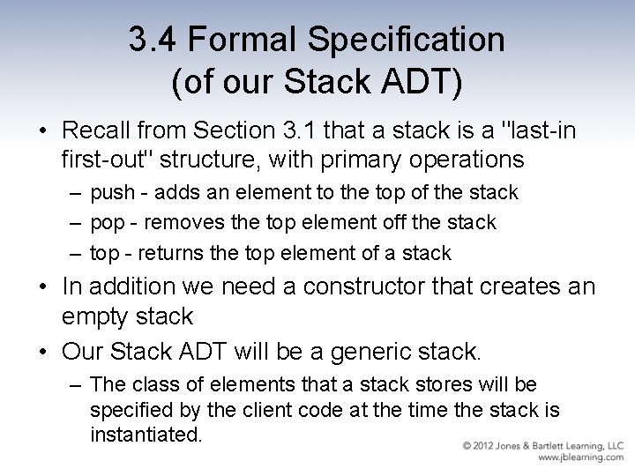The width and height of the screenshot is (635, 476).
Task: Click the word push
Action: tap(112, 193)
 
